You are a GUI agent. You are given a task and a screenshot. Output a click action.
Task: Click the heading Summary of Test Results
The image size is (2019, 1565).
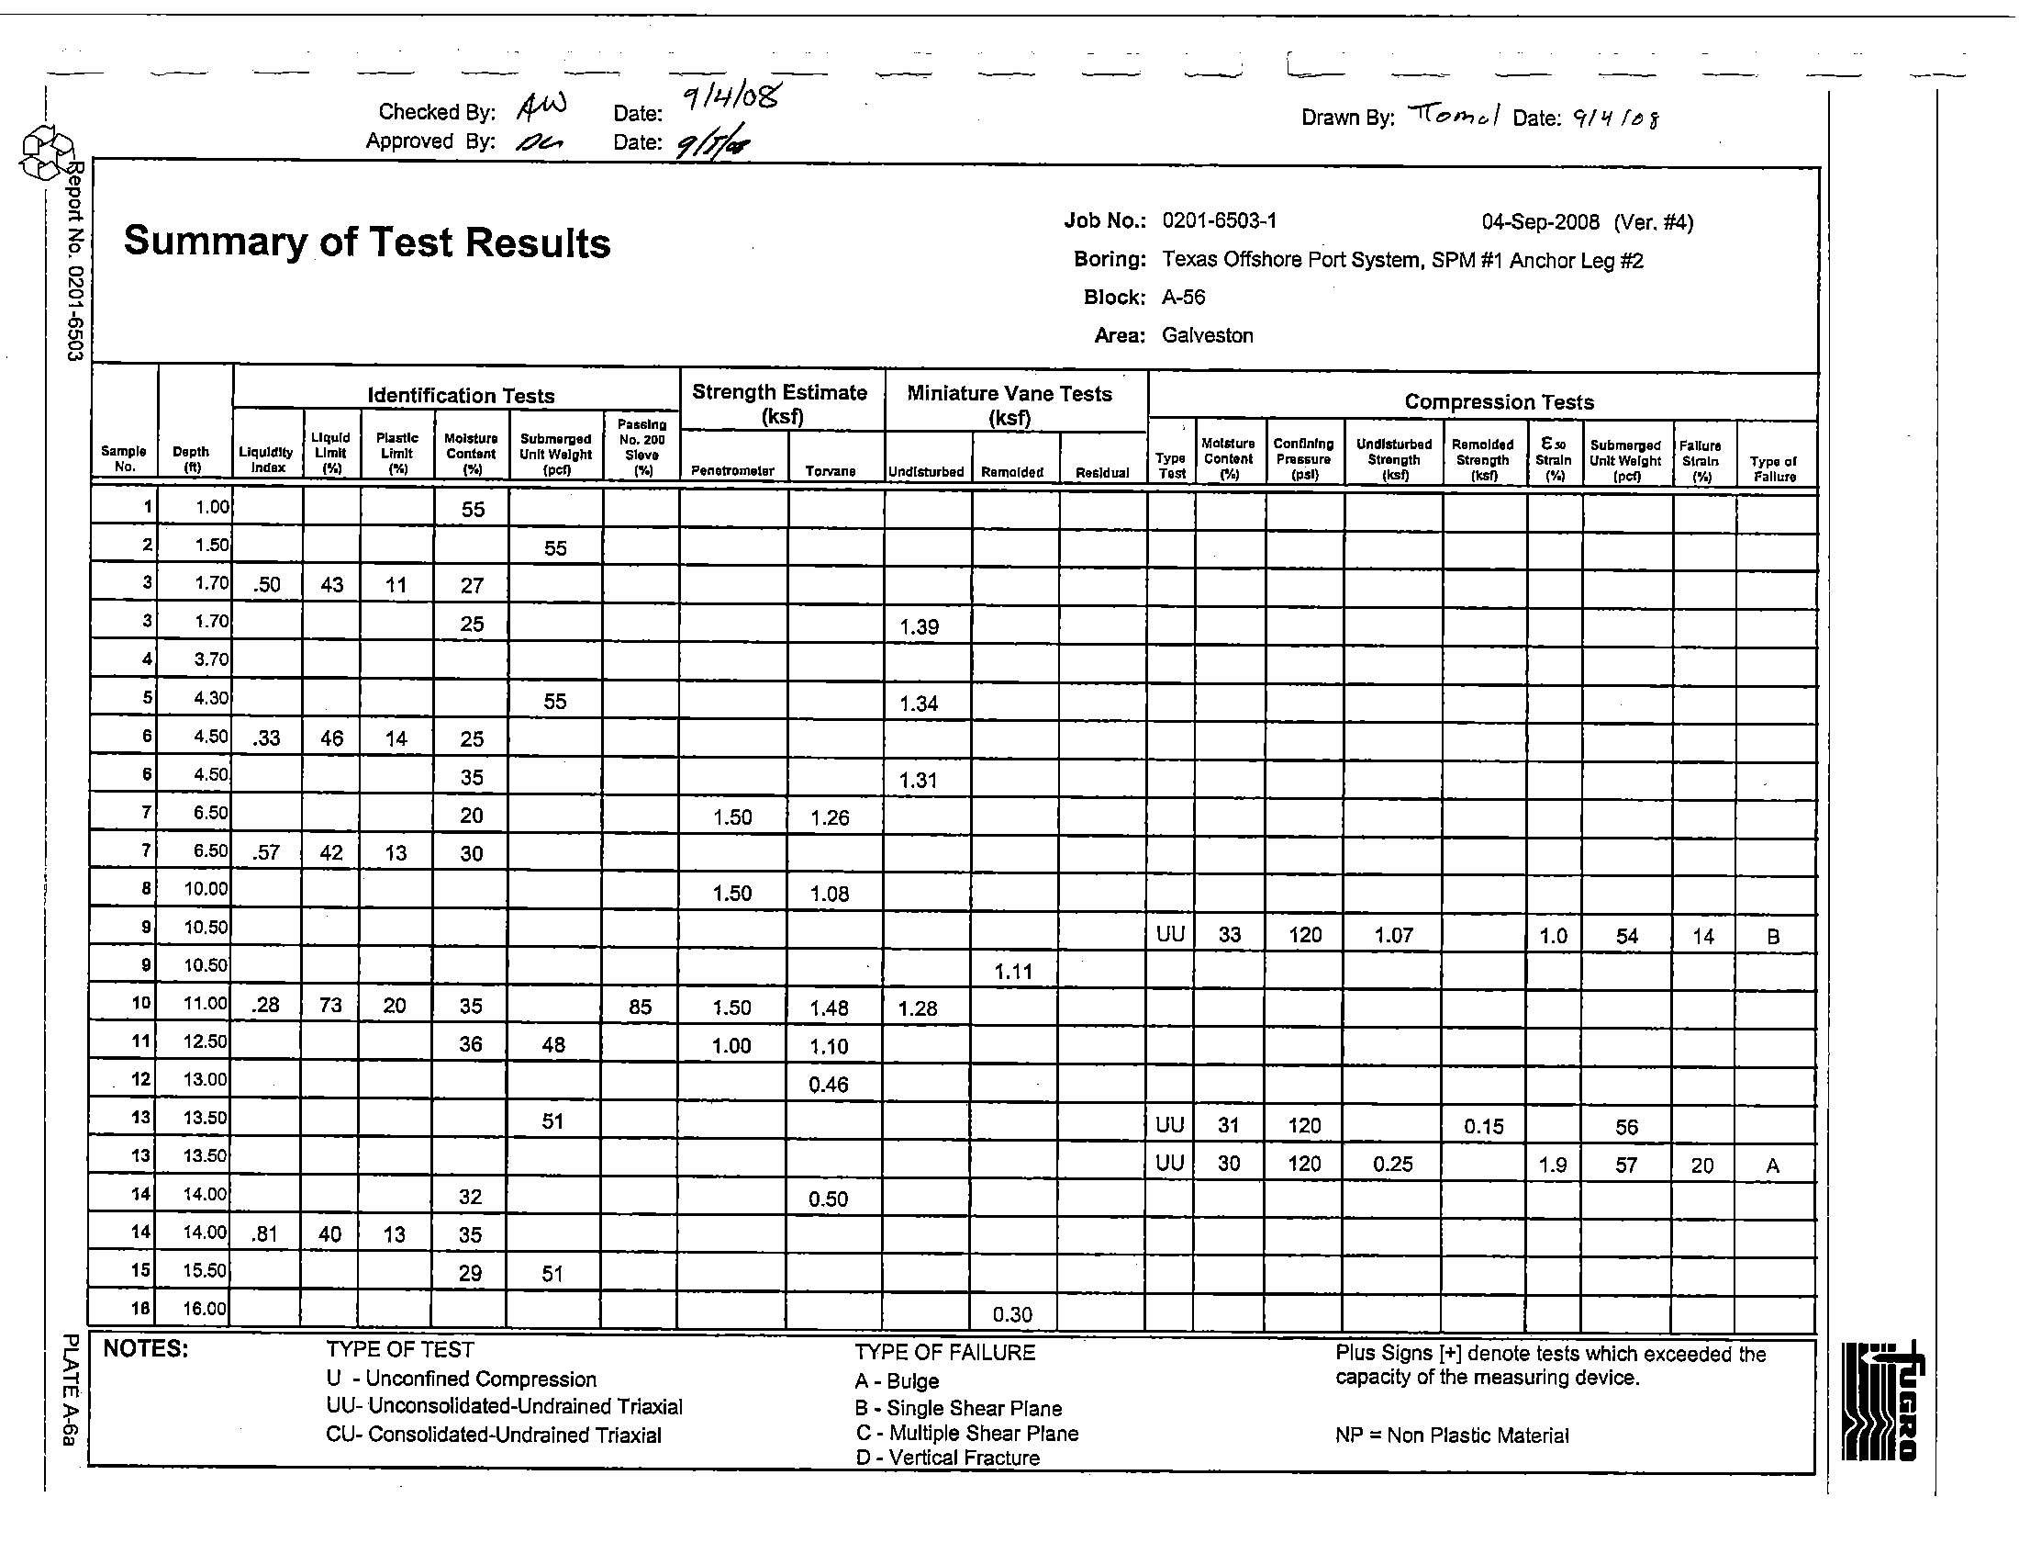coord(367,242)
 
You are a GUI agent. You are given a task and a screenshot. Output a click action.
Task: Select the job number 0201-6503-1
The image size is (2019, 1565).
coord(1220,221)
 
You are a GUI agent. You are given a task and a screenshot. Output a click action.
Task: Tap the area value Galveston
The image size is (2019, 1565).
coord(1208,336)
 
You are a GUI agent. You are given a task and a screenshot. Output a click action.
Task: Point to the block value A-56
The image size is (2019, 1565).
coord(1183,298)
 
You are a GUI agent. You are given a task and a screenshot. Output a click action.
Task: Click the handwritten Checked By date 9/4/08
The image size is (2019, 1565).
coord(731,98)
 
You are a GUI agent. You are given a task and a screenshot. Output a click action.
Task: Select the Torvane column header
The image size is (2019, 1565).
coord(831,472)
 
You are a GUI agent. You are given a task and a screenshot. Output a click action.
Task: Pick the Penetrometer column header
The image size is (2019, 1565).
coord(733,472)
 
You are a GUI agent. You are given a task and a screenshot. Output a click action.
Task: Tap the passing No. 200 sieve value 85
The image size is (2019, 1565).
coord(640,1008)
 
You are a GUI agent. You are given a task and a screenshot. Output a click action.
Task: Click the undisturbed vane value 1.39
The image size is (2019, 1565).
coord(919,627)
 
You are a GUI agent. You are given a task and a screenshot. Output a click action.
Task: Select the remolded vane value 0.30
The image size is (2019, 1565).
coord(1012,1314)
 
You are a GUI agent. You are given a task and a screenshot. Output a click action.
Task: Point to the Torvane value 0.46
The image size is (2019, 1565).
coord(829,1085)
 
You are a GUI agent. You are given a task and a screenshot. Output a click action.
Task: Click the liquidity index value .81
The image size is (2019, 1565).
coord(265,1233)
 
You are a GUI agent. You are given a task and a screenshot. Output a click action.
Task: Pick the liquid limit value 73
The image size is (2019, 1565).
coord(330,1007)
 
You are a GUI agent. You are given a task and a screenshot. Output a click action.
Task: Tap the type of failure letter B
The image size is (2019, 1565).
coord(1773,937)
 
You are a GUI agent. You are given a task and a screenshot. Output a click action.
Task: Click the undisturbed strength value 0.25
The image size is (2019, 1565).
coord(1392,1165)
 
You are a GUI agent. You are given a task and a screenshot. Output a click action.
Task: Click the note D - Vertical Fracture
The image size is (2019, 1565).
coord(948,1458)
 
